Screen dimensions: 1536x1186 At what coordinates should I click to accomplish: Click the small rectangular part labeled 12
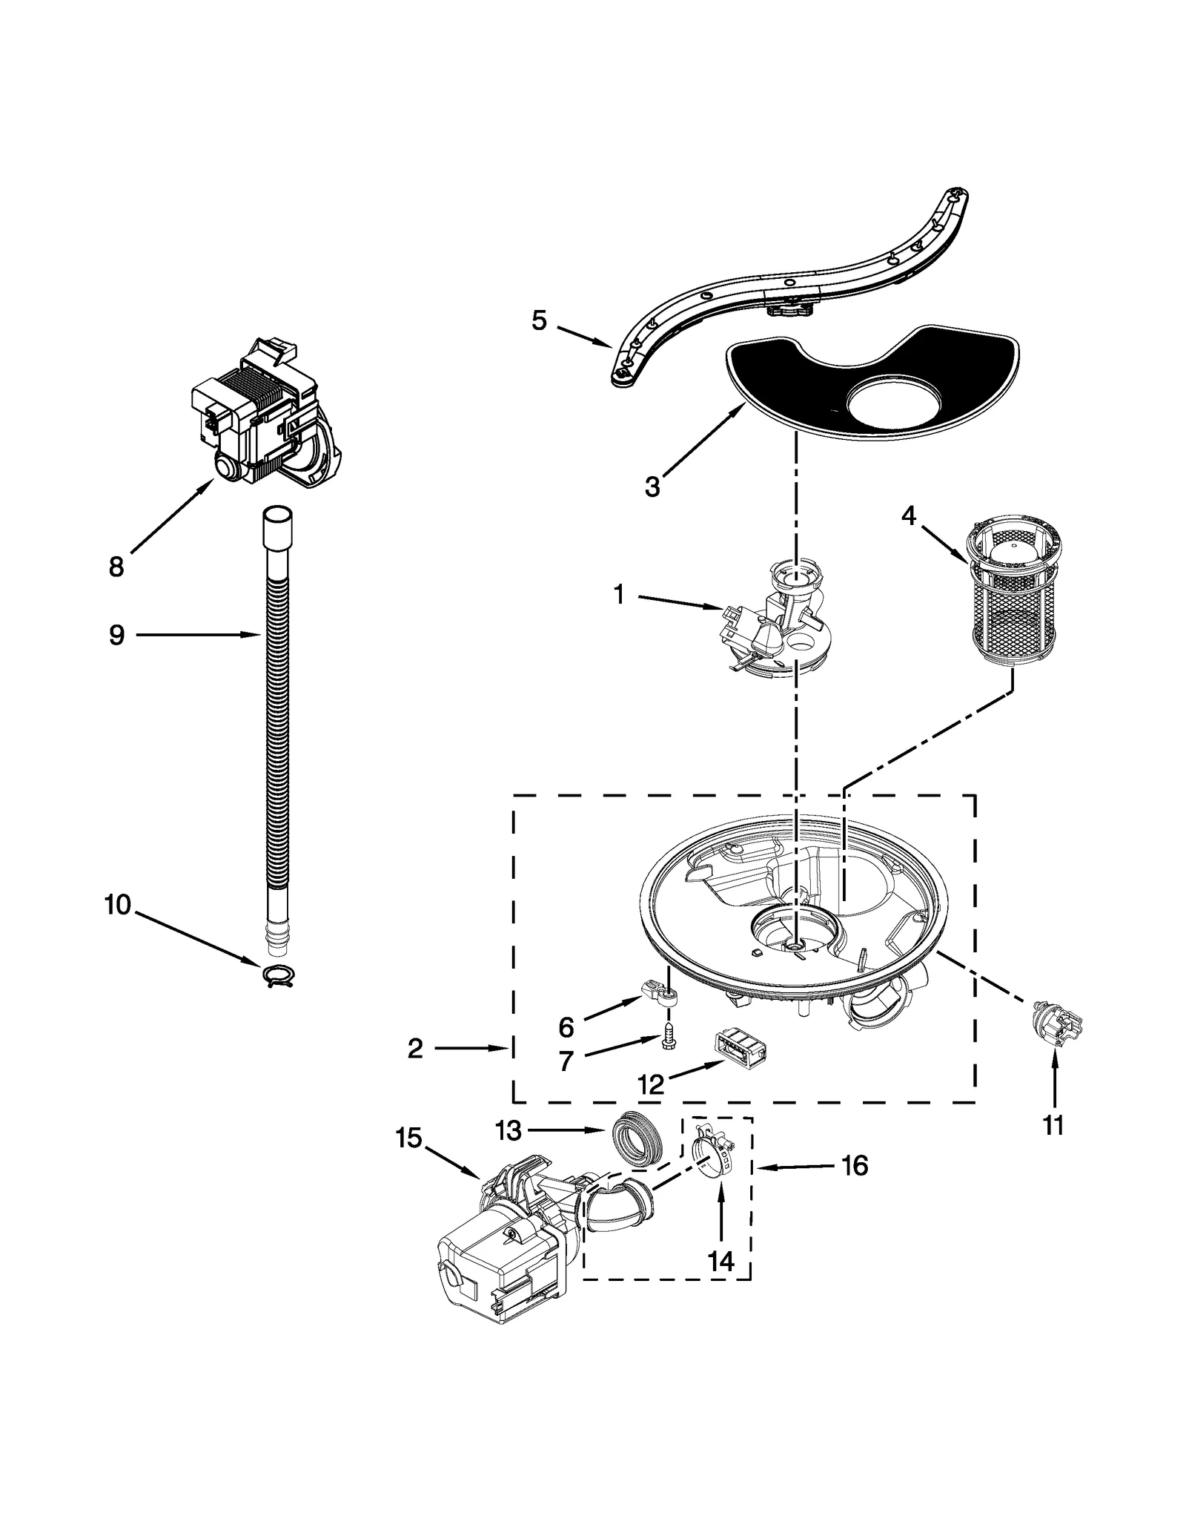click(738, 1049)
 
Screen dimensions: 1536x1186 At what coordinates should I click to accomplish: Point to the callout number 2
click(415, 1048)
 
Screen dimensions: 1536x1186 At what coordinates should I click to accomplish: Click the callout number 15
click(408, 1138)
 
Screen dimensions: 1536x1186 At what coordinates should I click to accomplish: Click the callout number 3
click(652, 487)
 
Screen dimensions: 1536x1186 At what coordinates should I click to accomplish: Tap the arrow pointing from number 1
click(680, 601)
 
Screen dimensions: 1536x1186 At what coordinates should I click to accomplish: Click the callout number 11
click(1053, 1125)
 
